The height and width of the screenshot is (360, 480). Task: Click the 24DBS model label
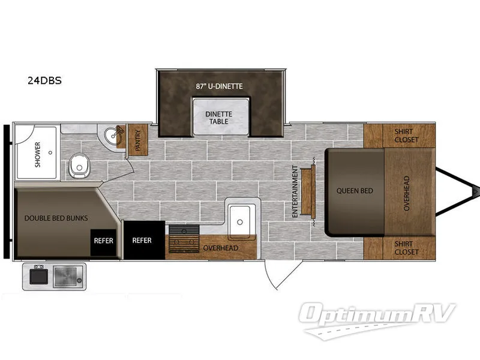point(44,80)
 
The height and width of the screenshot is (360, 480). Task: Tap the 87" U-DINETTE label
point(219,86)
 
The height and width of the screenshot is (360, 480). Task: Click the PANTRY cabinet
point(138,140)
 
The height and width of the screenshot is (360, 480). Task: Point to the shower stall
point(37,152)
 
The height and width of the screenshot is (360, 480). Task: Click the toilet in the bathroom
point(79,166)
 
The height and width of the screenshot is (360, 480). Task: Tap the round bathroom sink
point(111,134)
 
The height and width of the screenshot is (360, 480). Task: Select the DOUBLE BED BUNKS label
point(56,218)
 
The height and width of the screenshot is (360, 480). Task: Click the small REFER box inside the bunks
point(103,242)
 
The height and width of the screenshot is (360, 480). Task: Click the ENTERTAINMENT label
point(295,191)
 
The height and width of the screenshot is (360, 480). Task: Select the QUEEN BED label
point(355,191)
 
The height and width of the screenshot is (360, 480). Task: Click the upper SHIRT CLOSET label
point(406,136)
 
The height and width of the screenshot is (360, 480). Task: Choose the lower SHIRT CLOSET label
point(406,248)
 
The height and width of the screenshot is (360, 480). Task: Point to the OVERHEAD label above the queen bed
point(407,193)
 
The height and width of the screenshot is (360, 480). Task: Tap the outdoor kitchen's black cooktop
point(38,277)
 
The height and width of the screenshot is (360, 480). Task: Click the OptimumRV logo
point(377,320)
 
